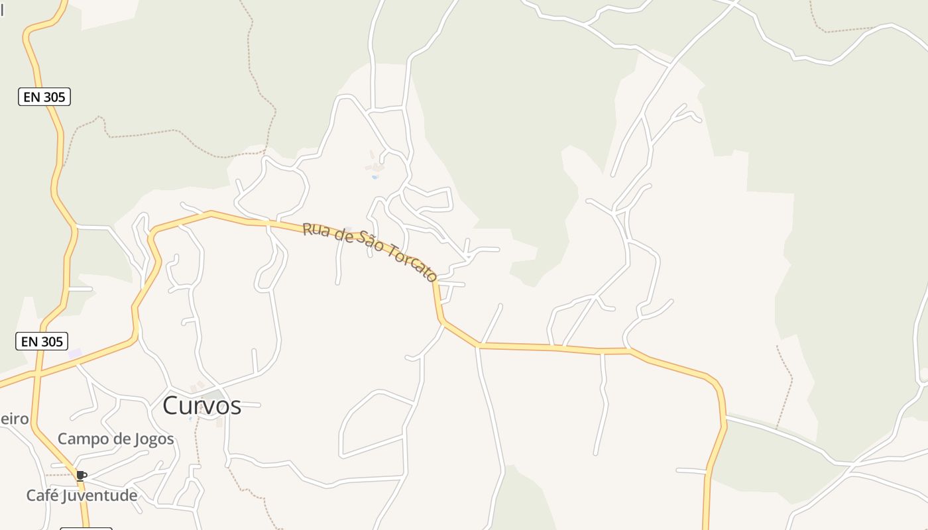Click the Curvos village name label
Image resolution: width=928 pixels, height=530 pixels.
pyautogui.click(x=202, y=405)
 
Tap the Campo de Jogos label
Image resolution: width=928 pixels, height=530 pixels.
pyautogui.click(x=115, y=439)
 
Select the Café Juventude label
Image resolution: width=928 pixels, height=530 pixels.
pyautogui.click(x=82, y=496)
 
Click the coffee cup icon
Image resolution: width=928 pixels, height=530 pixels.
pyautogui.click(x=81, y=476)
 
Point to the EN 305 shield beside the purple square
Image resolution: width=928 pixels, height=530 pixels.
pyautogui.click(x=42, y=341)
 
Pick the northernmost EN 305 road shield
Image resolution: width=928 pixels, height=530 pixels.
pyautogui.click(x=44, y=97)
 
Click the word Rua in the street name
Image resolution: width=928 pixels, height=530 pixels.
pyautogui.click(x=315, y=231)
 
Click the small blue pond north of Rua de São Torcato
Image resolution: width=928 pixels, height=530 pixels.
pyautogui.click(x=375, y=177)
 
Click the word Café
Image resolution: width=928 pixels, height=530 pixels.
pyautogui.click(x=42, y=496)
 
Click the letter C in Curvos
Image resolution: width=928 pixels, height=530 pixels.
pyautogui.click(x=171, y=405)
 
